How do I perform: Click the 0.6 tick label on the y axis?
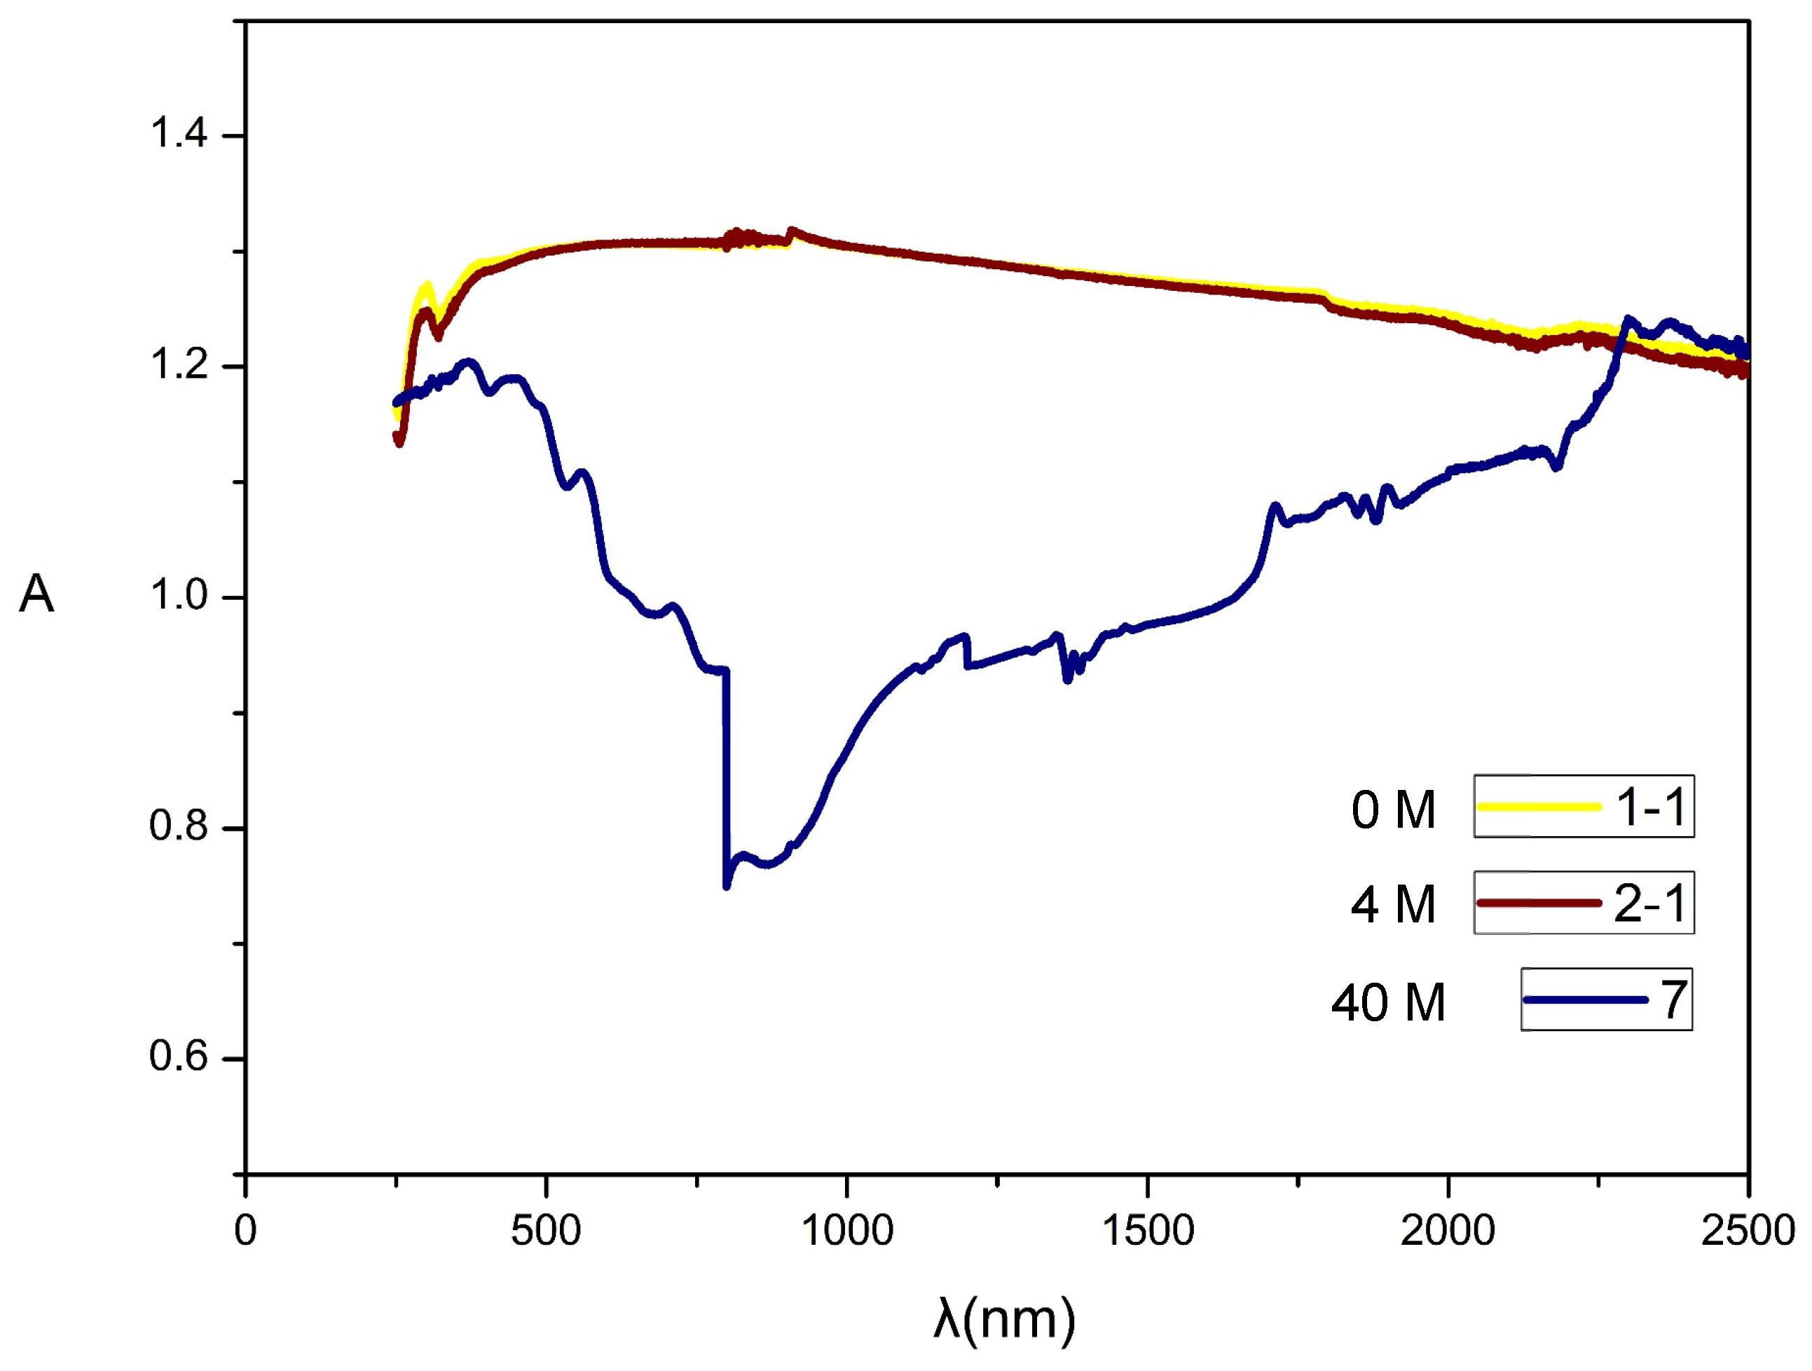[x=178, y=1056]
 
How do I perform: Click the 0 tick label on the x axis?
[x=245, y=1231]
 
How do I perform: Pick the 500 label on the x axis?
[x=546, y=1231]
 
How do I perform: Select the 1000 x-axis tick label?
[x=846, y=1231]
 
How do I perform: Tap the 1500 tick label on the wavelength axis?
[x=1147, y=1231]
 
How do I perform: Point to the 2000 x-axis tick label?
[x=1448, y=1231]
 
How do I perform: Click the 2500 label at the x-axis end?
[x=1748, y=1231]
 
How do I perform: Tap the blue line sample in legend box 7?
[x=1585, y=1000]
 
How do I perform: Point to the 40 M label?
[x=1389, y=1003]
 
